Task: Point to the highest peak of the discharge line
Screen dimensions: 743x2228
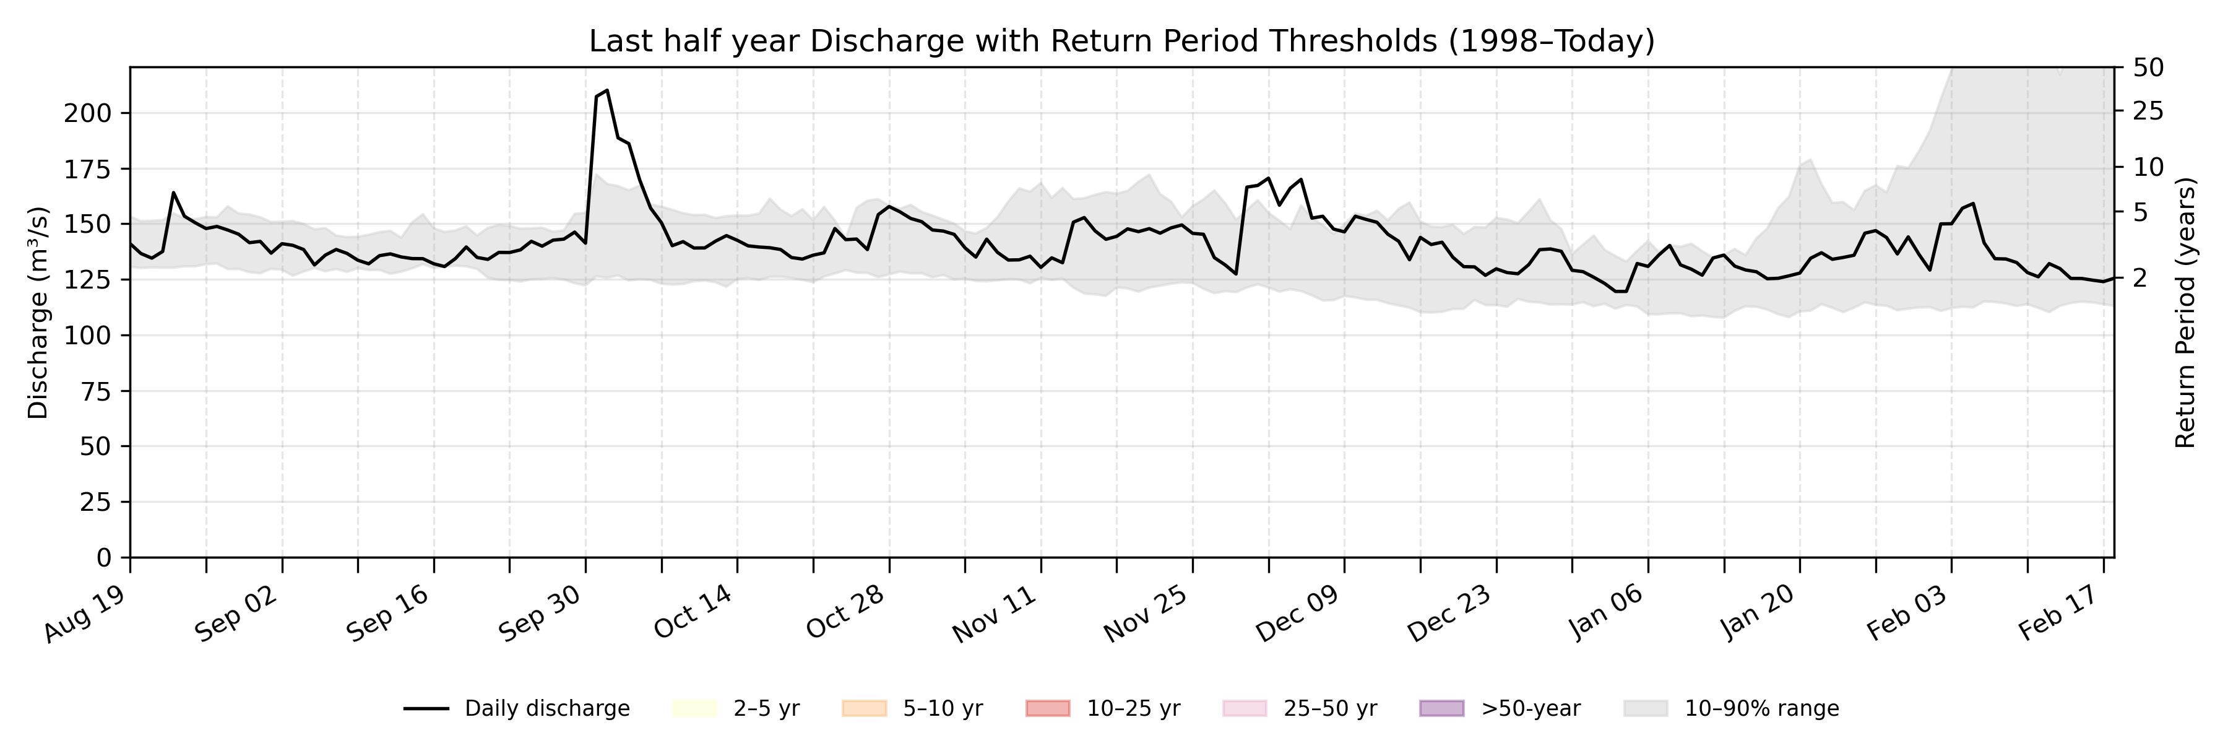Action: pyautogui.click(x=607, y=90)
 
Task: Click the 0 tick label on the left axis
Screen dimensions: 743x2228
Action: pyautogui.click(x=104, y=558)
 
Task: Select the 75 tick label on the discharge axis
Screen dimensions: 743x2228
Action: pyautogui.click(x=95, y=391)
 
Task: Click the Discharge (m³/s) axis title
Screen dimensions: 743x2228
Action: pyautogui.click(x=38, y=312)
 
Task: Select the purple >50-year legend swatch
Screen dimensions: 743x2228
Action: pyautogui.click(x=1442, y=708)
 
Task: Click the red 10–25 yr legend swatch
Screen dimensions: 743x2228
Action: pyautogui.click(x=1047, y=708)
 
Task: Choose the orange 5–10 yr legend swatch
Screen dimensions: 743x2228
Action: pyautogui.click(x=864, y=708)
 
